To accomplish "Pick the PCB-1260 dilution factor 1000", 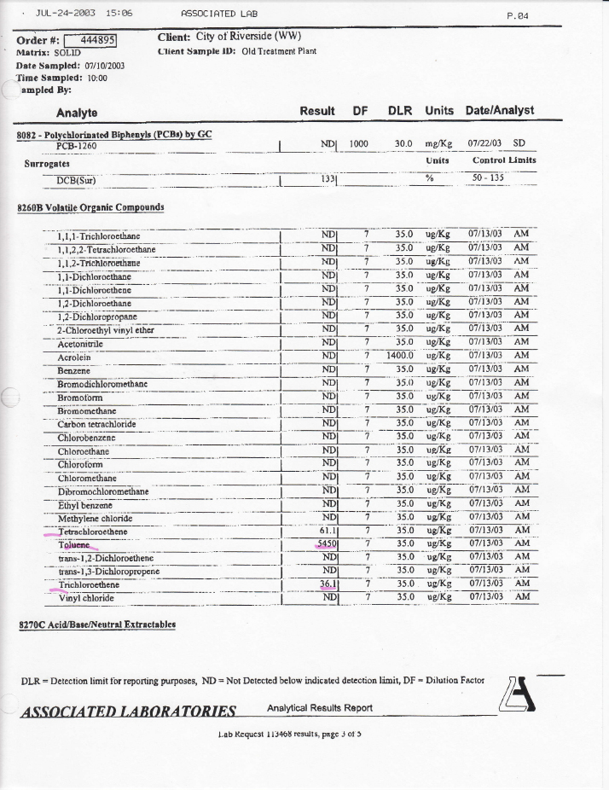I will tap(358, 144).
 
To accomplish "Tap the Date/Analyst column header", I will tap(499, 111).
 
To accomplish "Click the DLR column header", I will tap(401, 111).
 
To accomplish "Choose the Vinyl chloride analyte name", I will tap(85, 598).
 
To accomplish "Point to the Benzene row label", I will tap(74, 371).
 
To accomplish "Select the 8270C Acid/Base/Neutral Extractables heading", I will tap(96, 625).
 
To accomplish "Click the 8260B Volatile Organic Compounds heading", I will tap(90, 207).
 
